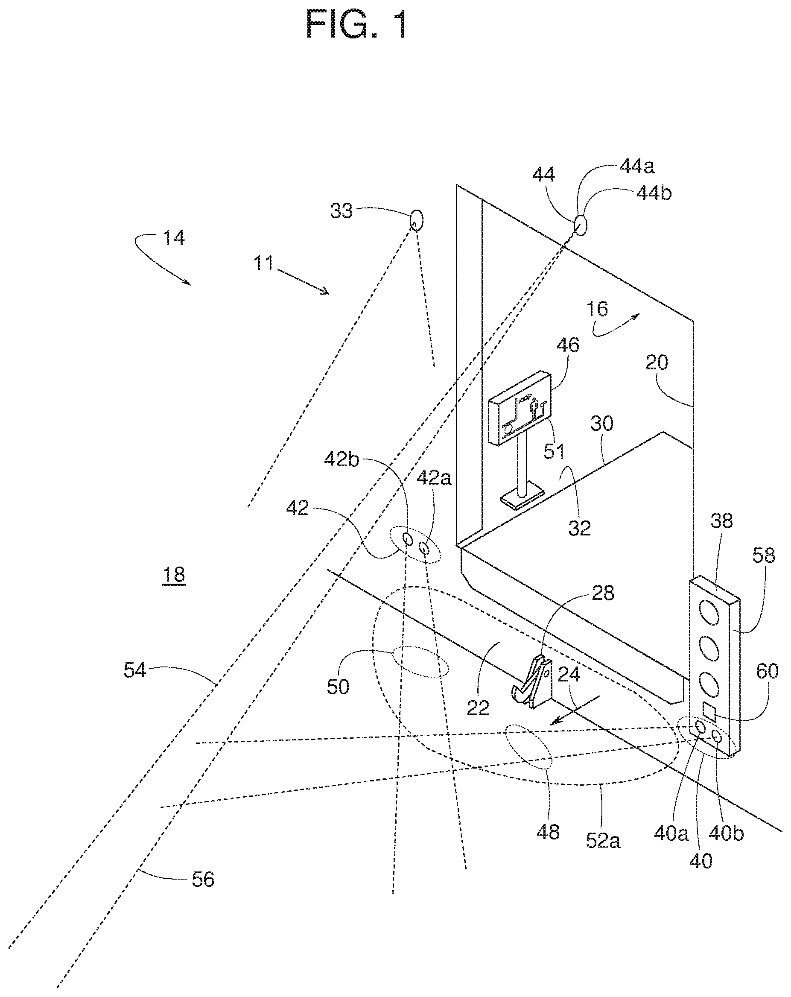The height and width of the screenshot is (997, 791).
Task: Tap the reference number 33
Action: pos(341,211)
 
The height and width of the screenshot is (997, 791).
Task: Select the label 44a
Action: pos(637,167)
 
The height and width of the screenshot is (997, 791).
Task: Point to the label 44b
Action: pos(654,193)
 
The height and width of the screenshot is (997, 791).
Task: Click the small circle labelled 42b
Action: pos(408,538)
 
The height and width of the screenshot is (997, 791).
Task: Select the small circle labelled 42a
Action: pos(423,548)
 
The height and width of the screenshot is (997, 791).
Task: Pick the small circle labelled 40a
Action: pos(701,728)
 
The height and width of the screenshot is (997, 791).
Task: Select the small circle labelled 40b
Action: pos(717,736)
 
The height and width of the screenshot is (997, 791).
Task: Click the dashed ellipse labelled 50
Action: pos(420,661)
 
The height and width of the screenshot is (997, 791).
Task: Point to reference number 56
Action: pos(203,879)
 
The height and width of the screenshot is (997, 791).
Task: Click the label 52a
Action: pos(603,840)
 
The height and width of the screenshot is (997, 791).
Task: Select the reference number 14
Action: pos(174,238)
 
